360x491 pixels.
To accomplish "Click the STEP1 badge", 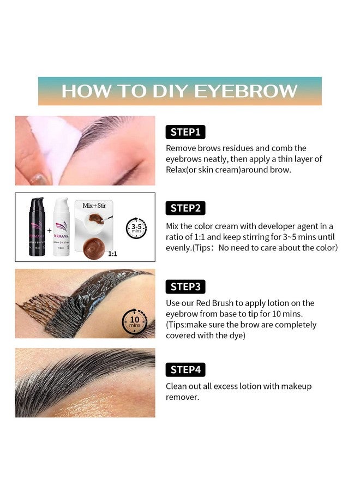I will (x=185, y=131).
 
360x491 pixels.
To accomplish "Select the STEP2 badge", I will (x=185, y=208).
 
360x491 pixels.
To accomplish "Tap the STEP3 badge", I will (x=185, y=287).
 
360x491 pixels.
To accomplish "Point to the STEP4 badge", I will (x=185, y=370).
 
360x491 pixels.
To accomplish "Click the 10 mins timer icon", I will (x=134, y=320).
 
